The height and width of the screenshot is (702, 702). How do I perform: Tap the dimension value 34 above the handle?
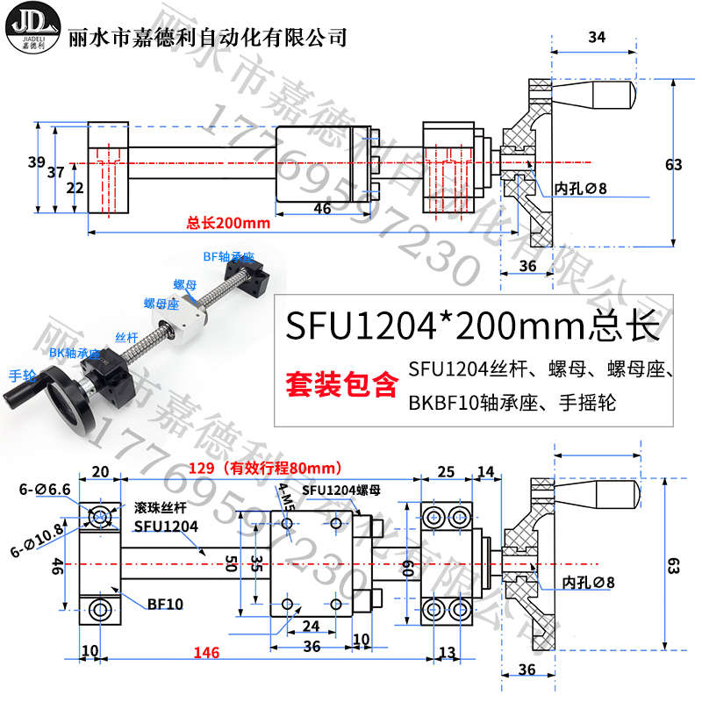pyautogui.click(x=597, y=37)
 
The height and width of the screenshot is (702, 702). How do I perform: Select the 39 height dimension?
pyautogui.click(x=35, y=162)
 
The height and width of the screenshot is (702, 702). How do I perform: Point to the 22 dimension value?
pyautogui.click(x=75, y=188)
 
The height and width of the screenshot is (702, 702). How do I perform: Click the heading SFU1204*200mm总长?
pyautogui.click(x=472, y=327)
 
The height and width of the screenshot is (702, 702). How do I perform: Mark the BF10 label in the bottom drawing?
pyautogui.click(x=164, y=604)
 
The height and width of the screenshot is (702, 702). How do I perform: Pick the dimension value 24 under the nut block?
pyautogui.click(x=311, y=627)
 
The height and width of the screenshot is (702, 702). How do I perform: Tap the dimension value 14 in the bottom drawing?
pyautogui.click(x=486, y=471)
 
